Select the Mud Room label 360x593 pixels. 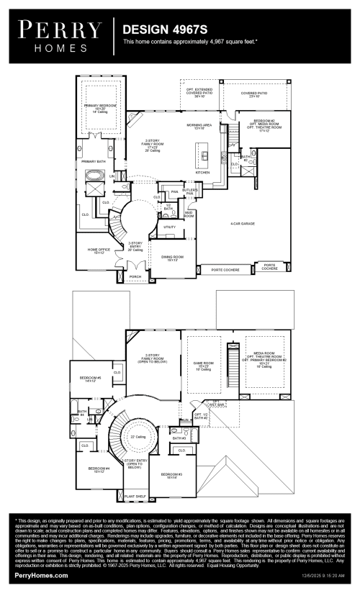[168, 213]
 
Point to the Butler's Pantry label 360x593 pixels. [189, 191]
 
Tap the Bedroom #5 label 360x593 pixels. [90, 379]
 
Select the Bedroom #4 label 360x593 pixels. [99, 469]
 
